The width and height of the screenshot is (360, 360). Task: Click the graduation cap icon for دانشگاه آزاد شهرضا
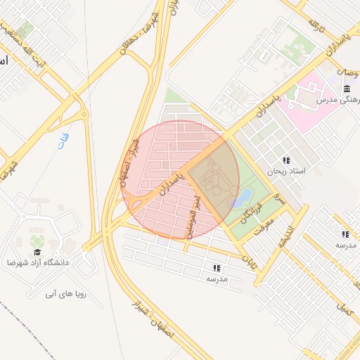click(37, 251)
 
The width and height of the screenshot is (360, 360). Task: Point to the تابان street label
click(249, 264)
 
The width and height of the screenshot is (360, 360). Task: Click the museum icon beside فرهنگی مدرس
click(347, 88)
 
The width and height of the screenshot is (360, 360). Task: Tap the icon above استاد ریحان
click(285, 160)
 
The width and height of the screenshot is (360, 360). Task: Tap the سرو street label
click(281, 199)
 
